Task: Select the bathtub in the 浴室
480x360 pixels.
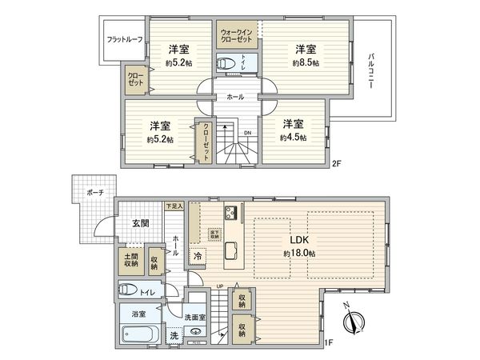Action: pyautogui.click(x=141, y=335)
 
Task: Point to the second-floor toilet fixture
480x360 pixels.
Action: pyautogui.click(x=228, y=62)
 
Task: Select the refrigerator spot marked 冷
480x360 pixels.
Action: pyautogui.click(x=197, y=257)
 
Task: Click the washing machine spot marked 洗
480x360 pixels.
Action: pyautogui.click(x=174, y=336)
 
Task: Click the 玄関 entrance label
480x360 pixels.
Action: pyautogui.click(x=140, y=223)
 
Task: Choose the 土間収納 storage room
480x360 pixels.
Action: pyautogui.click(x=130, y=258)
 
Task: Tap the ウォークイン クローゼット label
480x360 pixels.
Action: pyautogui.click(x=238, y=36)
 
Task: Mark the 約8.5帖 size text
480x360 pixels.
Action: pyautogui.click(x=306, y=62)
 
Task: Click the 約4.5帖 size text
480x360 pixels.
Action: pyautogui.click(x=293, y=138)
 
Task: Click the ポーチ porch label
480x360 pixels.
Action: pyautogui.click(x=94, y=194)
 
